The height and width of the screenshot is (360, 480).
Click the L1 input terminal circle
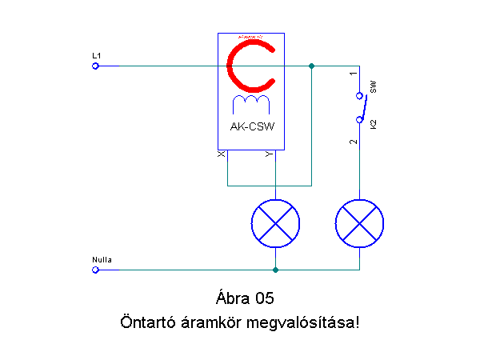[x=95, y=66]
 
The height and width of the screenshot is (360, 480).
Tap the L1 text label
[x=96, y=54]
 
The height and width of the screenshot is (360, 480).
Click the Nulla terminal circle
[x=95, y=270]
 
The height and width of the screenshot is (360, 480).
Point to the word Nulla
[x=102, y=260]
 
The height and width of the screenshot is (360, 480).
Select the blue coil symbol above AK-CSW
[x=250, y=104]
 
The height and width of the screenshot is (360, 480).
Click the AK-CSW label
[x=251, y=127]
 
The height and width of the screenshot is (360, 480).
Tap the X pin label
[x=222, y=154]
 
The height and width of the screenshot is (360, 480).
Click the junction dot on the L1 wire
[x=311, y=66]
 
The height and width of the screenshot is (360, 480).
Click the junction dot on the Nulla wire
[x=275, y=270]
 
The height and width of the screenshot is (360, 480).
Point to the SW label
[x=374, y=86]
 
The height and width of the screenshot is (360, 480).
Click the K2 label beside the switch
[x=374, y=124]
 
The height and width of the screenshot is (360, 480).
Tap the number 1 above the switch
[x=353, y=74]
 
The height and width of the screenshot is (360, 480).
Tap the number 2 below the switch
[x=353, y=142]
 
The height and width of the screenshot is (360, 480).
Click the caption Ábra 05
[x=245, y=299]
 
